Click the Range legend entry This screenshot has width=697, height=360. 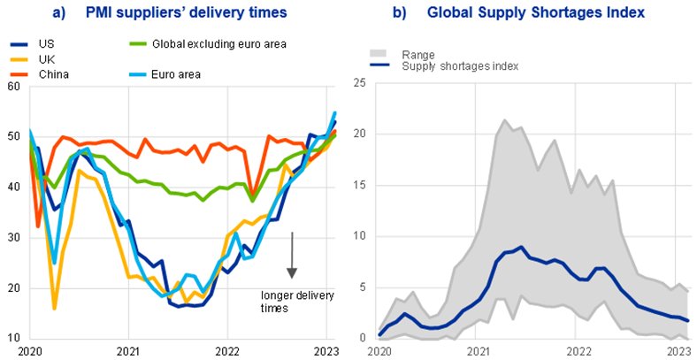point(421,53)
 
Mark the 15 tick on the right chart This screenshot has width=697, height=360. point(360,187)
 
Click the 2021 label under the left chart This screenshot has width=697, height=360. point(128,351)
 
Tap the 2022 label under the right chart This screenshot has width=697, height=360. point(578,351)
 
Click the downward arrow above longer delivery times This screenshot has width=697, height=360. point(292,257)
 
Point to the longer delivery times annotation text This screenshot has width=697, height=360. point(288,301)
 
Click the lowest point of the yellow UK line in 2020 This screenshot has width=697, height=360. point(55,309)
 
